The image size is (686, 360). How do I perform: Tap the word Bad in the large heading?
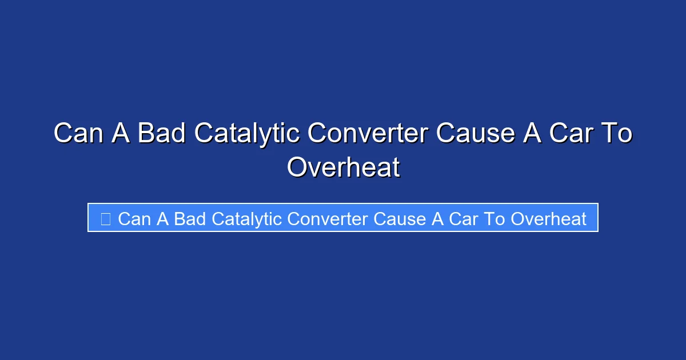(162, 134)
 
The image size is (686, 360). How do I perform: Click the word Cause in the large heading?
(476, 134)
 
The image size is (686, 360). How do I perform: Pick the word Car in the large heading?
(568, 134)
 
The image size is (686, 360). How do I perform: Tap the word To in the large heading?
(616, 134)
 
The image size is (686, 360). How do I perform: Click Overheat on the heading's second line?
(343, 167)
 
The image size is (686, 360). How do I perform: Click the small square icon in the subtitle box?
(105, 219)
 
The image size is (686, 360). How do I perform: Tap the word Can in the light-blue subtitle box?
(135, 219)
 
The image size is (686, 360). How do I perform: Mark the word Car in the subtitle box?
(462, 219)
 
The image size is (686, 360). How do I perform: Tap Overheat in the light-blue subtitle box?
(548, 219)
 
